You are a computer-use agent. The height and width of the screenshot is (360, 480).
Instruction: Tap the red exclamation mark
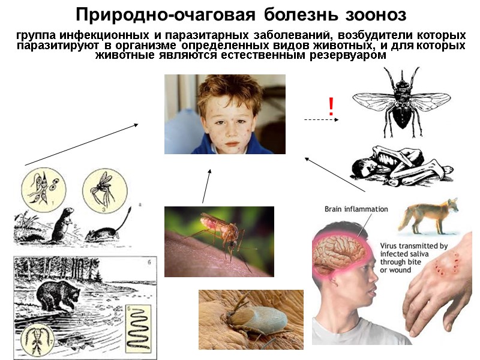point(331,107)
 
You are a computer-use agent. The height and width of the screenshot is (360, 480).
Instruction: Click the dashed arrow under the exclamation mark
point(321,120)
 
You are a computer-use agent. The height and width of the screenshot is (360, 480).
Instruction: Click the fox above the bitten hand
point(430,217)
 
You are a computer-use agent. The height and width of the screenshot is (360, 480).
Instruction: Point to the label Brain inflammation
point(356,209)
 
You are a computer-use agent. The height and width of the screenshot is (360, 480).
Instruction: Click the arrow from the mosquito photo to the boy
point(206,186)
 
